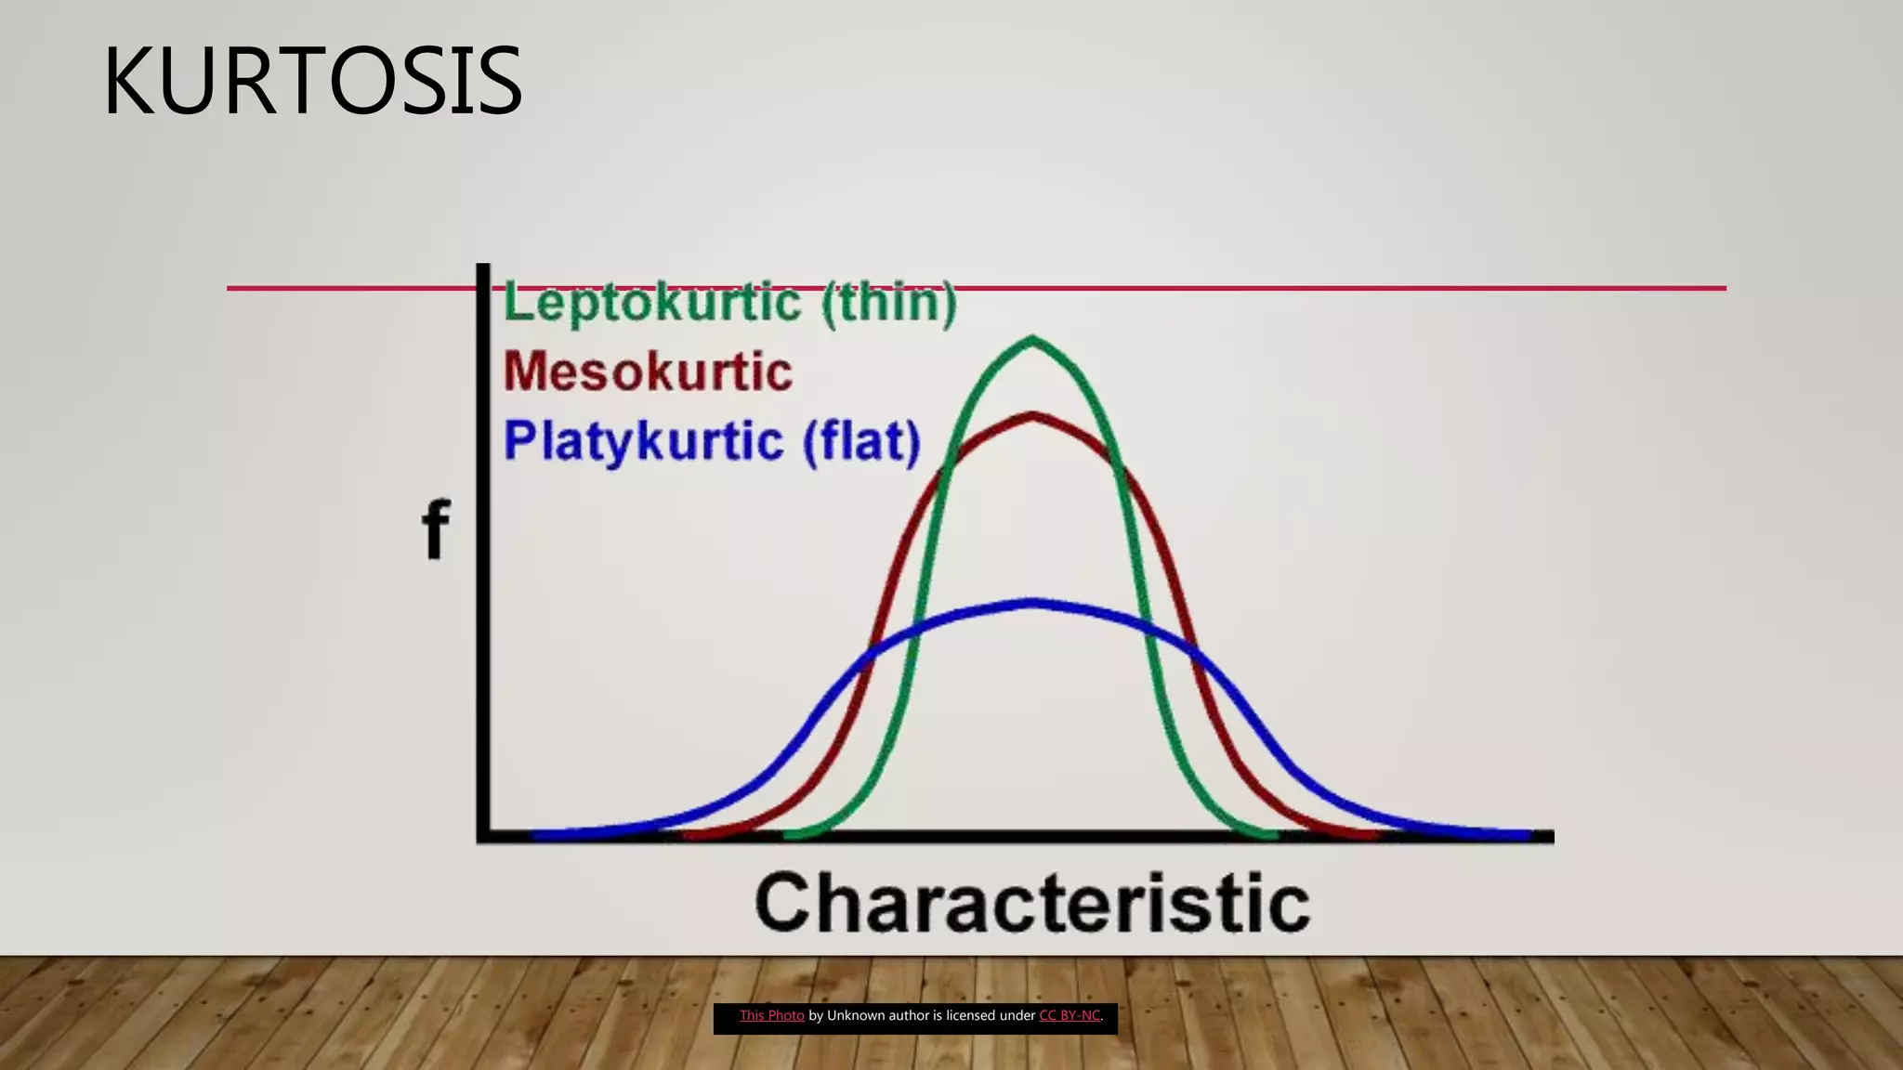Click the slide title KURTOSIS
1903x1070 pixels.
point(312,82)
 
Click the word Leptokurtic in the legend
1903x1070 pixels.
point(651,303)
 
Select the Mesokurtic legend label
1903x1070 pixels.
point(648,372)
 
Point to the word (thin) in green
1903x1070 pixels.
point(888,303)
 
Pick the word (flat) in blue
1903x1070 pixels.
point(861,441)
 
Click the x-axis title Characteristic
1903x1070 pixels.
point(1032,903)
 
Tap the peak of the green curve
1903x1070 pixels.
point(1032,339)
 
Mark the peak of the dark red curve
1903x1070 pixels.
point(1032,415)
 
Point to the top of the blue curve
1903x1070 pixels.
point(1032,604)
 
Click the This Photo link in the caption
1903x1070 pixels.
point(771,1016)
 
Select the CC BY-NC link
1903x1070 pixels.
point(1069,1016)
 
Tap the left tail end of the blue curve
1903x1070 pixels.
point(537,835)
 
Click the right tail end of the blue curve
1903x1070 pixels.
point(1526,835)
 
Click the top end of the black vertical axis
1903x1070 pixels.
point(483,267)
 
